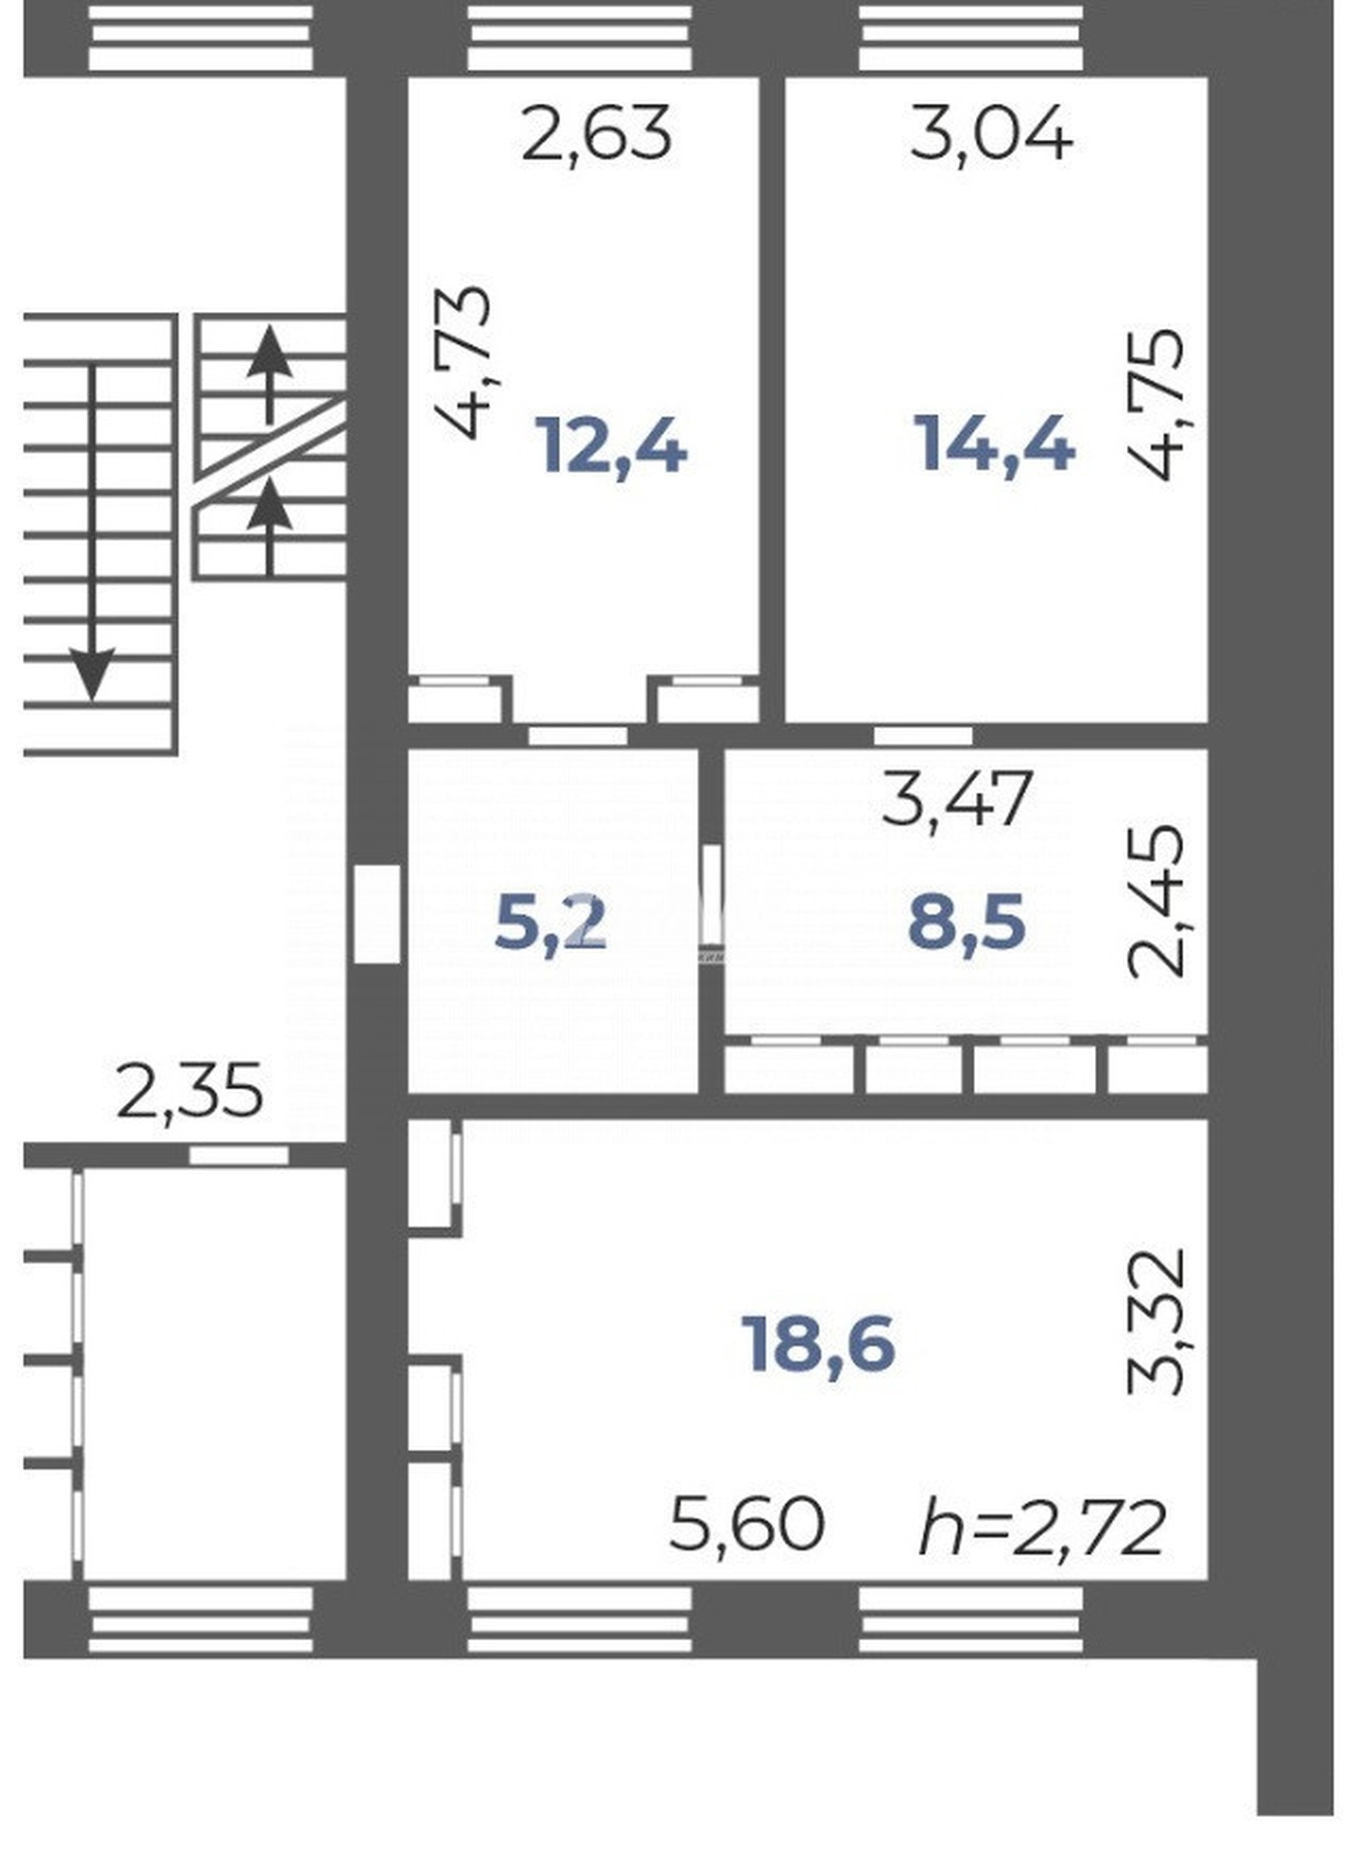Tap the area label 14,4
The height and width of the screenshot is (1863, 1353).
tap(995, 445)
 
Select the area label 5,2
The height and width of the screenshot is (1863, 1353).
tap(550, 923)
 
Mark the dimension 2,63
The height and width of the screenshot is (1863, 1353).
tap(597, 133)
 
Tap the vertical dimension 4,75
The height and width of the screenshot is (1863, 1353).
tap(1155, 405)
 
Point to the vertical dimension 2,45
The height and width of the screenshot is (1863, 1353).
tap(1156, 902)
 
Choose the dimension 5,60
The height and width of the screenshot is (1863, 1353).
tap(747, 1525)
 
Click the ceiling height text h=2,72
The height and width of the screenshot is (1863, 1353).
tap(1043, 1528)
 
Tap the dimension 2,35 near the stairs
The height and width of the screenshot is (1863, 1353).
tap(190, 1091)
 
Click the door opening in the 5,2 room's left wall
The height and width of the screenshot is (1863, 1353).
tap(377, 914)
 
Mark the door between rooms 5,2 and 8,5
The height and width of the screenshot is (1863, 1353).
tap(713, 894)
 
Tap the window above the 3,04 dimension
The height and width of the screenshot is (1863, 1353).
tap(971, 37)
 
